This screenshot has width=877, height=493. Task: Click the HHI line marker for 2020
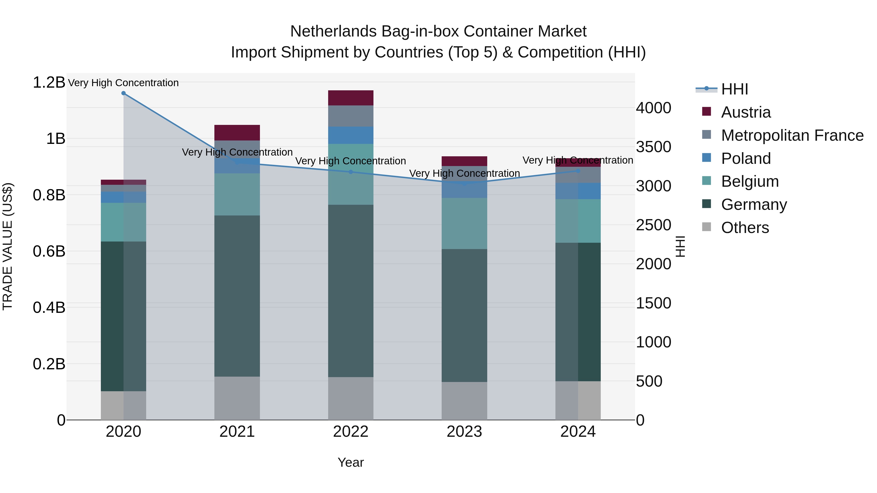pos(124,93)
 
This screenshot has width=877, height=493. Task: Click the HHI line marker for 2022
pos(351,172)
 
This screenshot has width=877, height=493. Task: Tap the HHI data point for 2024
pos(578,171)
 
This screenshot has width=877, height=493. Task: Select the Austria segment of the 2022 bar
pos(351,98)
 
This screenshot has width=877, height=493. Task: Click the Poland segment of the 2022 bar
pos(351,135)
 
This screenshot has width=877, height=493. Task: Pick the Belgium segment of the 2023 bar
pos(464,223)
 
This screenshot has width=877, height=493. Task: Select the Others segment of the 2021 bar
pos(237,398)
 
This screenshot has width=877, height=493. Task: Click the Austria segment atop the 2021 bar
pos(237,133)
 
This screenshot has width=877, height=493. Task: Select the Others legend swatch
pos(706,227)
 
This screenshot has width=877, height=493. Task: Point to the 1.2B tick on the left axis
pos(49,82)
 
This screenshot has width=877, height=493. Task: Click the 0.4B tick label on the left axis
pos(49,307)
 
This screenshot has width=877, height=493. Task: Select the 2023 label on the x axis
pos(464,432)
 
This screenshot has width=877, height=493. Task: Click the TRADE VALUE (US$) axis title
pos(8,246)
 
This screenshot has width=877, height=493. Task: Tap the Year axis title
pos(351,462)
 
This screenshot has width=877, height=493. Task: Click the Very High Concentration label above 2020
pos(124,83)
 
